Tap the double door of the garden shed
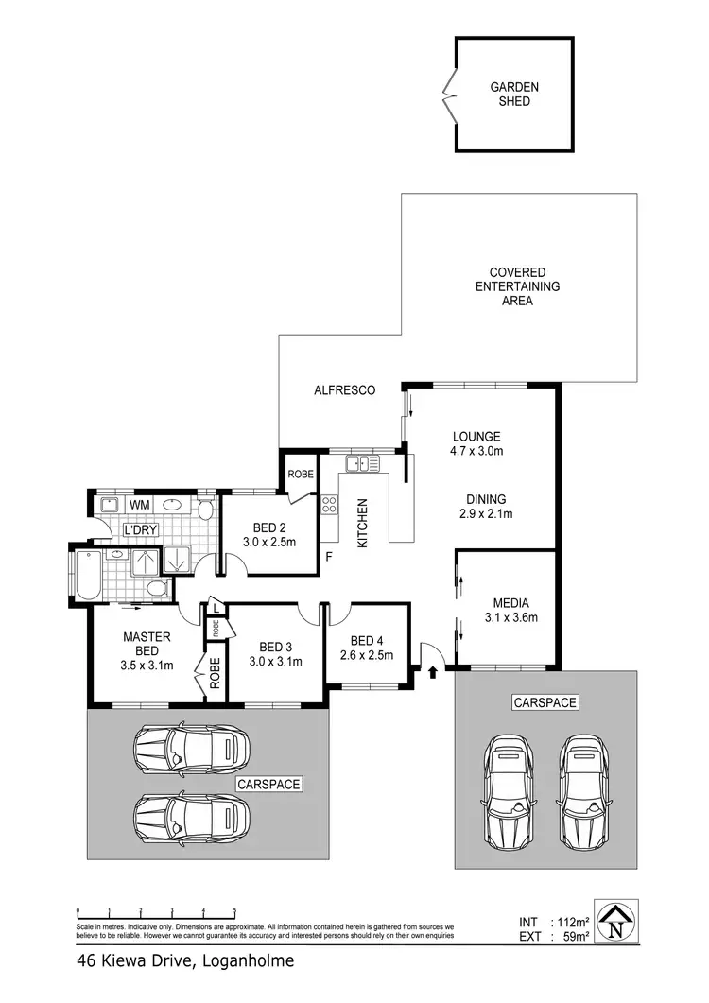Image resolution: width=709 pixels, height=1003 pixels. (x=448, y=95)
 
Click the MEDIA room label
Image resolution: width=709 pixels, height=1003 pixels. (x=510, y=603)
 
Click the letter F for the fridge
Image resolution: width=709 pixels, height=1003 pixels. (x=329, y=556)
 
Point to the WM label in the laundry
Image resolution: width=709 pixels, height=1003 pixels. (x=139, y=506)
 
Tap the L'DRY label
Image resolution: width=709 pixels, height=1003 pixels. (x=139, y=530)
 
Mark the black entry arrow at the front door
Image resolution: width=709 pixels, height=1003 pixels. (x=433, y=673)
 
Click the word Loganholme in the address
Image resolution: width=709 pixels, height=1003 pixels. (x=246, y=961)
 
